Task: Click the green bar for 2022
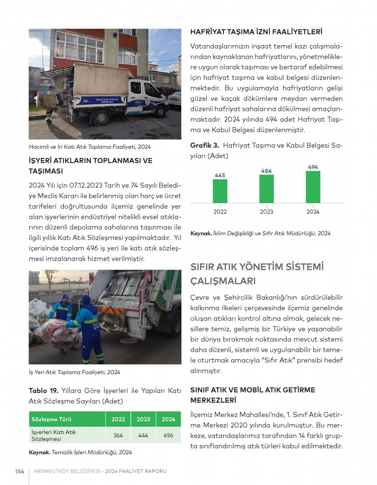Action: pyautogui.click(x=220, y=191)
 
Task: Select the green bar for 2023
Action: pyautogui.click(x=267, y=189)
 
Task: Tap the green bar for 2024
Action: pyautogui.click(x=313, y=187)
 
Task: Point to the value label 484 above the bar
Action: pyautogui.click(x=267, y=171)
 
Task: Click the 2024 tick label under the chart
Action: pyautogui.click(x=313, y=212)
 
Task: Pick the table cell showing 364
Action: pyautogui.click(x=118, y=435)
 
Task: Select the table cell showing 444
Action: pyautogui.click(x=143, y=435)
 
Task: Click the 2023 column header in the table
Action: pyautogui.click(x=143, y=419)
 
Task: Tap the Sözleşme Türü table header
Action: pyautogui.click(x=52, y=419)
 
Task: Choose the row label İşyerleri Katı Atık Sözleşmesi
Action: pyautogui.click(x=54, y=435)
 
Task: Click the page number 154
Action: pyautogui.click(x=20, y=471)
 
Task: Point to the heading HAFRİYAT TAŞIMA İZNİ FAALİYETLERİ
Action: pyautogui.click(x=256, y=32)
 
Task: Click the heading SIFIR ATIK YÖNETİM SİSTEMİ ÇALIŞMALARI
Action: pyautogui.click(x=257, y=274)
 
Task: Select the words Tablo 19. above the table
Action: pyautogui.click(x=43, y=391)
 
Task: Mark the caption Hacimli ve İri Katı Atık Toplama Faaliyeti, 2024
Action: pyautogui.click(x=90, y=147)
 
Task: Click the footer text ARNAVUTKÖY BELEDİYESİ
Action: pyautogui.click(x=67, y=471)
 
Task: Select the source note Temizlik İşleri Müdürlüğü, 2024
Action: pyautogui.click(x=92, y=452)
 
